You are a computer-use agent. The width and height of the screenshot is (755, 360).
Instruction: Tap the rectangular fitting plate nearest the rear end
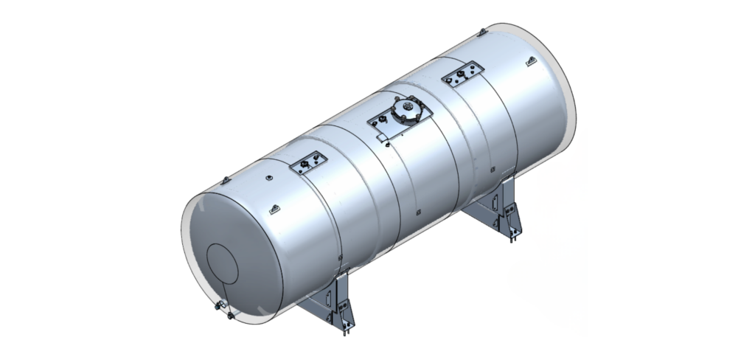462,75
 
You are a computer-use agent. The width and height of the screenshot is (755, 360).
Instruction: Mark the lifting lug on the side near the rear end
529,63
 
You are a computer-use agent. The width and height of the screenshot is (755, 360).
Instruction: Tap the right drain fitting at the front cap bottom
231,316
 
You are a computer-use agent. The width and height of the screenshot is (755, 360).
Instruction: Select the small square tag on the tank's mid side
419,214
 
